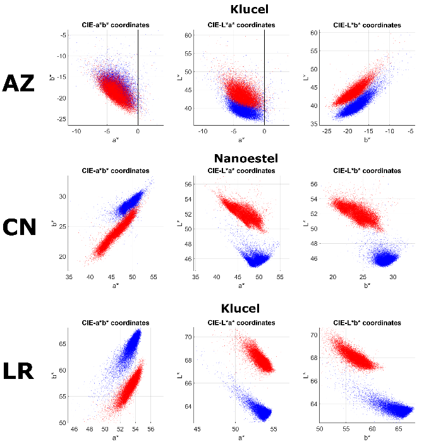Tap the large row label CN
click(19, 227)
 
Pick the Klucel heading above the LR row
click(241, 309)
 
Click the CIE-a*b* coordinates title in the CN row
click(116, 171)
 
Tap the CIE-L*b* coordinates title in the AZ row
click(366, 25)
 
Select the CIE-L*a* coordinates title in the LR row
click(241, 323)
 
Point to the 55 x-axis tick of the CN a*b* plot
click(153, 277)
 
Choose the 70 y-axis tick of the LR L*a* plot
click(188, 337)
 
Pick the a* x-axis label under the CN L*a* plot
click(241, 285)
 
